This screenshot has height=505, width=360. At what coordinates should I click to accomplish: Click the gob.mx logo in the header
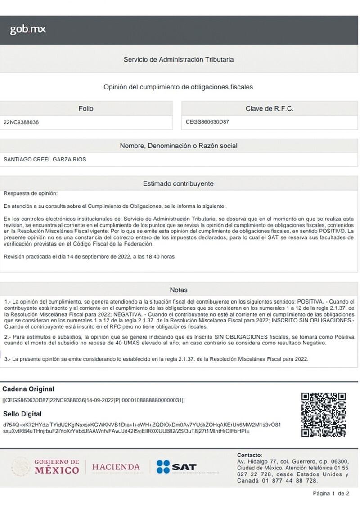tap(28, 30)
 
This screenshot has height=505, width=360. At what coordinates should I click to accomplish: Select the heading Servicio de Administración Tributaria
tap(179, 59)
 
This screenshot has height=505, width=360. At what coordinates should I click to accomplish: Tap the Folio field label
tap(86, 108)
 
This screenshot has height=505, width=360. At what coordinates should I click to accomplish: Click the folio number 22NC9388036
tap(21, 122)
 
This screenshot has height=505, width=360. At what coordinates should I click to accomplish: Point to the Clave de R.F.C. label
tap(269, 108)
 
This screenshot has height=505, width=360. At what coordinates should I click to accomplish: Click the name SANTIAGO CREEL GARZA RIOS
tap(45, 159)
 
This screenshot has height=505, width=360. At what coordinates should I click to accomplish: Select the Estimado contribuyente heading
tap(178, 183)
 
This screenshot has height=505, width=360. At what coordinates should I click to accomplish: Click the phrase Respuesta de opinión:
tap(31, 193)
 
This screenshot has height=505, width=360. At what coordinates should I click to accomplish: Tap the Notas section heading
tap(179, 290)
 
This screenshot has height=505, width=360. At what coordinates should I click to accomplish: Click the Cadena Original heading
tap(28, 389)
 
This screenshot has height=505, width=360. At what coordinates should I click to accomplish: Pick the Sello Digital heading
tap(22, 414)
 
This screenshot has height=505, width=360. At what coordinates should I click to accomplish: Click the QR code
tap(324, 414)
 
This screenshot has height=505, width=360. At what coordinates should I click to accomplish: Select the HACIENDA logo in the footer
tap(116, 467)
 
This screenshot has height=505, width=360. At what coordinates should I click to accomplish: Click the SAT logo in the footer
tap(176, 467)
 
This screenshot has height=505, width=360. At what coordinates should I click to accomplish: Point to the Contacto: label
tap(249, 455)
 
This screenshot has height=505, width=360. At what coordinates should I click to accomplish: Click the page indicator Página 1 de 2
tap(331, 493)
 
